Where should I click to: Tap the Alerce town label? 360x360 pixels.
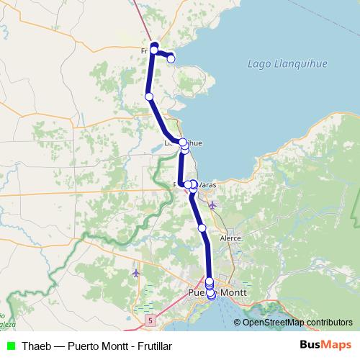[230, 237]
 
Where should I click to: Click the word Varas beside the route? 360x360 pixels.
[207, 185]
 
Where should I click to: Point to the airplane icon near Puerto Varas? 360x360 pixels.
[212, 205]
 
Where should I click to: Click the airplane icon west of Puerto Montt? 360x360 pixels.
[136, 273]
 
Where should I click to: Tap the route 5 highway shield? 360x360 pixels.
[150, 318]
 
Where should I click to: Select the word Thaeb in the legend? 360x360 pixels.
[36, 346]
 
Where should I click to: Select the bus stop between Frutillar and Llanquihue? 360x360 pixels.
[149, 96]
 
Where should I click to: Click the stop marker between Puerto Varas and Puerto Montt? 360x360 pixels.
[202, 228]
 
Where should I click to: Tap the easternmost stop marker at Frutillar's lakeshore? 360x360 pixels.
[171, 58]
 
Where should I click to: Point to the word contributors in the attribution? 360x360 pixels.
[328, 322]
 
